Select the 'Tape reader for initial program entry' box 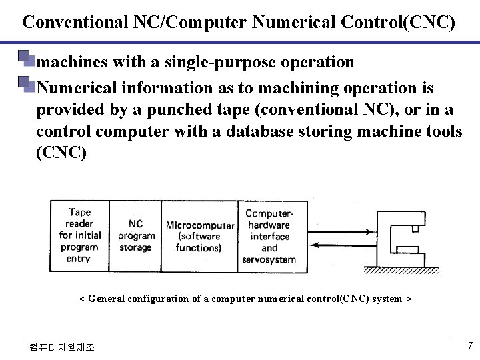79,235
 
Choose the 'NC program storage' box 135,235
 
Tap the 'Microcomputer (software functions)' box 199,235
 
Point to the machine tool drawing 403,241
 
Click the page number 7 471,345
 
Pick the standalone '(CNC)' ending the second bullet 61,152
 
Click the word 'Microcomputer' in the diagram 199,225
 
